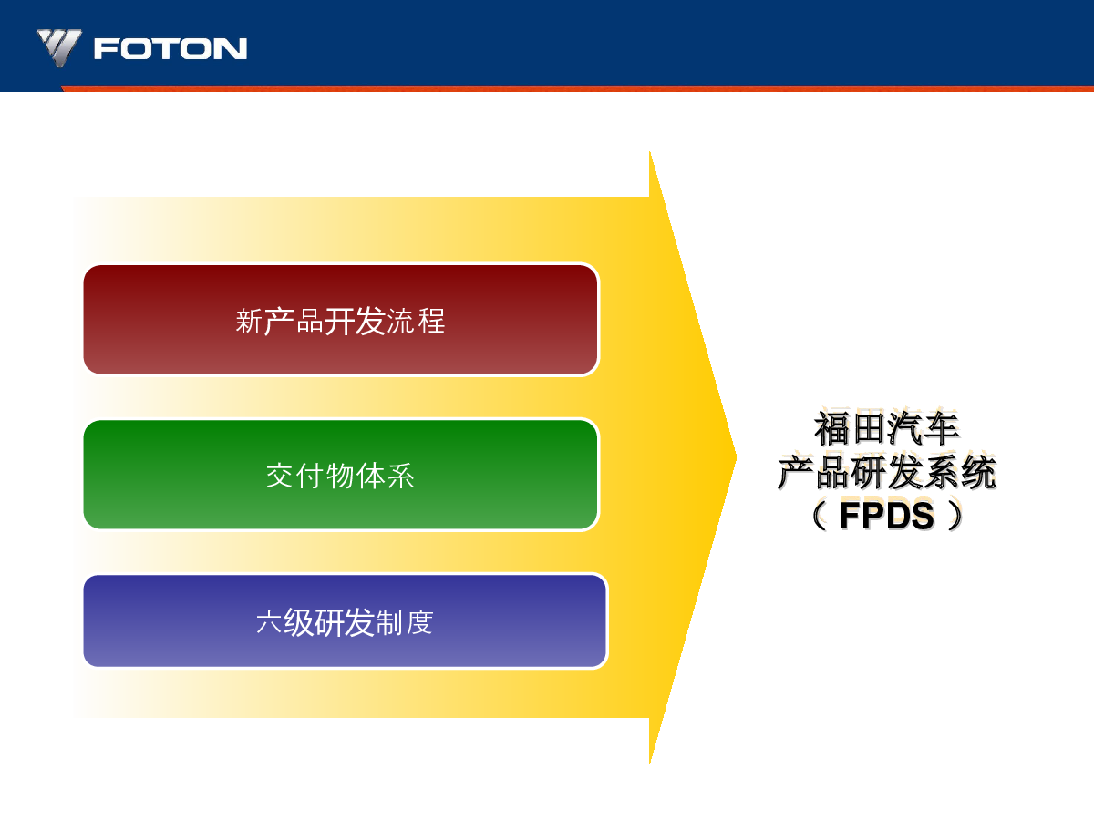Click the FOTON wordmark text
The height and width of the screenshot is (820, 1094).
[x=170, y=49]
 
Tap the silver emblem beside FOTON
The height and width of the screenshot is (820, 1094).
[x=59, y=47]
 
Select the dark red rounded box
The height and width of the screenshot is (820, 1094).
[x=341, y=320]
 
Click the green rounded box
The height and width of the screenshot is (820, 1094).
[x=341, y=475]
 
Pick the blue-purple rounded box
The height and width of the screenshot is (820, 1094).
[x=346, y=620]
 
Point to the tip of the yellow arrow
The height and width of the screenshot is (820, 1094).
[x=736, y=457]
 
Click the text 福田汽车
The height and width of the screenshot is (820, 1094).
[x=887, y=428]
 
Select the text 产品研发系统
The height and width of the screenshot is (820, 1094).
[x=887, y=471]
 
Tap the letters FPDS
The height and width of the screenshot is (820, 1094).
[x=887, y=516]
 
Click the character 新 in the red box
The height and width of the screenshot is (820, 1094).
[x=249, y=321]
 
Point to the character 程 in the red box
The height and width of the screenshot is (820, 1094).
[x=431, y=321]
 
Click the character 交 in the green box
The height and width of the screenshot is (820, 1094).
[x=280, y=476]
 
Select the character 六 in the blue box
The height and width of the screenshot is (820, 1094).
[x=269, y=622]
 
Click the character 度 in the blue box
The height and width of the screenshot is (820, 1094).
[x=419, y=622]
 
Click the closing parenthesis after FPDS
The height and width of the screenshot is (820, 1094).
[x=955, y=516]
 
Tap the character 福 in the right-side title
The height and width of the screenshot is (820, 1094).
[x=832, y=428]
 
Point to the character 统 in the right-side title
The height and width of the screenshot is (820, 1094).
[x=979, y=471]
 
